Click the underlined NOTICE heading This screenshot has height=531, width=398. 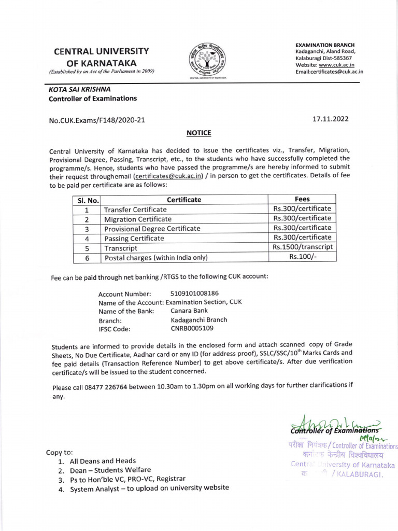(x=199, y=133)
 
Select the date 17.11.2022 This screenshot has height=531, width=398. (x=330, y=119)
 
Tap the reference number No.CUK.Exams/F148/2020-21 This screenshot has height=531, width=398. (x=97, y=120)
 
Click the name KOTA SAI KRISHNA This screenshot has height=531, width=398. (x=77, y=89)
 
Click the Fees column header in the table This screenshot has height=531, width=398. (x=302, y=199)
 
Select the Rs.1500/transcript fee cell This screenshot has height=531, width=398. (x=302, y=247)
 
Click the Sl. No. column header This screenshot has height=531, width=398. (x=86, y=200)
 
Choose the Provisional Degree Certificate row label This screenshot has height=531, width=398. (x=152, y=229)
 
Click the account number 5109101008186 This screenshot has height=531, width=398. (x=195, y=293)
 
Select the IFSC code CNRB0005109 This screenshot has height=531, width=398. (x=192, y=328)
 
